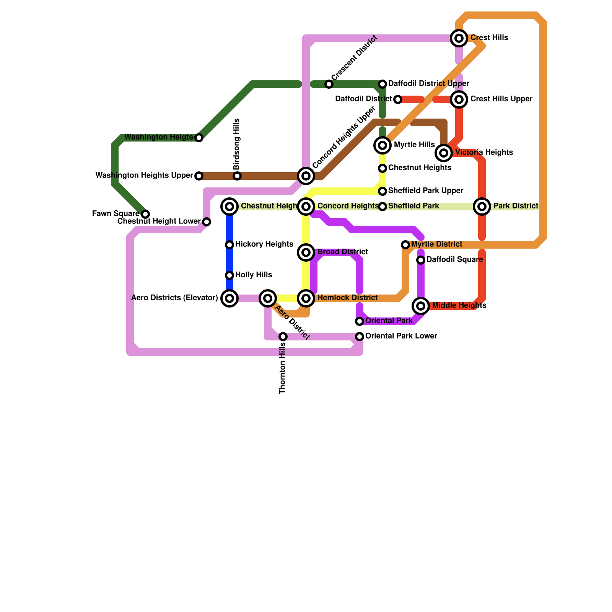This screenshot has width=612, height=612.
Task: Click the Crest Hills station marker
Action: pos(459,38)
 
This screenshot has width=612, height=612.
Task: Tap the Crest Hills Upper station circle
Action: pos(459,99)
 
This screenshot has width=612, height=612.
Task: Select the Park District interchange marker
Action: pos(482,207)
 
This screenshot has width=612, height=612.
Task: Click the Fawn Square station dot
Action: pos(145,214)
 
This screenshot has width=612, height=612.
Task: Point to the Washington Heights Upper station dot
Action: pos(199,176)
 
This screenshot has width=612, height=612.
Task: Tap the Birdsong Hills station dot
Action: pos(237,176)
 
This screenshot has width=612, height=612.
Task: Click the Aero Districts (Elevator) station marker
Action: pos(229,298)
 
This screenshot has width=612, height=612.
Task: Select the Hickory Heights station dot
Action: pos(229,245)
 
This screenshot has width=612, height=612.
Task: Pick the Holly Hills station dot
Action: pos(229,275)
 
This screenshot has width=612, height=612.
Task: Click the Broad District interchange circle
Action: pos(306,252)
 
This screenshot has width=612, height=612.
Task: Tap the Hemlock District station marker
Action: pos(306,298)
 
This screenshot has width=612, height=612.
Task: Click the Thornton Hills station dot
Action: pos(283,337)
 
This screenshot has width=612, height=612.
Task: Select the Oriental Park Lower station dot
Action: pos(360,337)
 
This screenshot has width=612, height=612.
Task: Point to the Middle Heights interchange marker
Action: pos(421,306)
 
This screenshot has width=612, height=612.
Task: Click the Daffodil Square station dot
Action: pos(421,260)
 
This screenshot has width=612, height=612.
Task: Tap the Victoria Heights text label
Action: pos(484,153)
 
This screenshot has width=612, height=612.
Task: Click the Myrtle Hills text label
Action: pos(414,145)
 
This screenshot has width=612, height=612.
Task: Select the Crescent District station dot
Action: pos(329,84)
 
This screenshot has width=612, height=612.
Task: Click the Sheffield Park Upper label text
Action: pos(426,191)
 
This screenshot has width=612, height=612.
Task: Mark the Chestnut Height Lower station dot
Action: pos(207,222)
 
